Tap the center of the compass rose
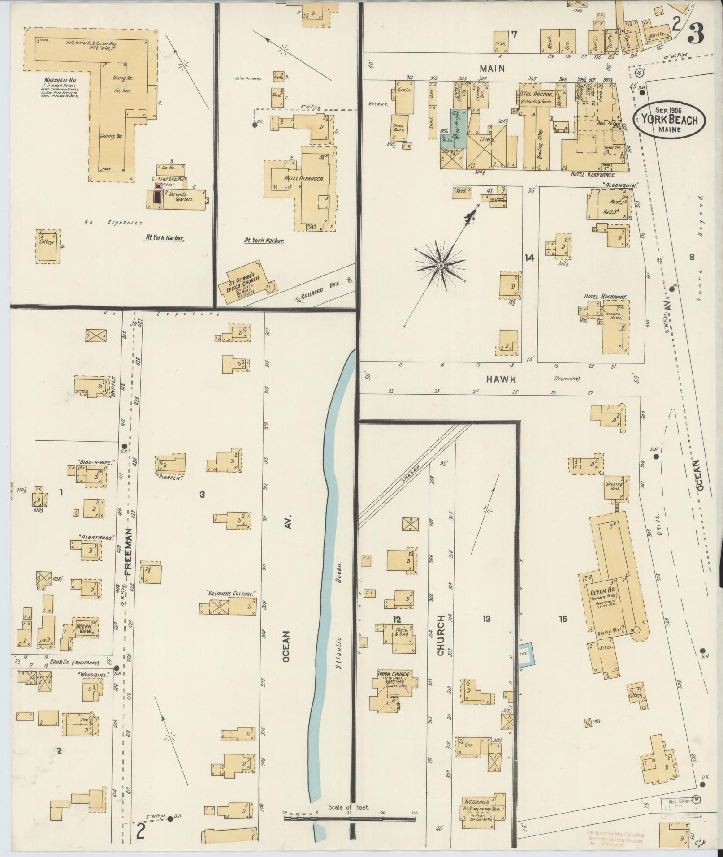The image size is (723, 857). coord(441,266)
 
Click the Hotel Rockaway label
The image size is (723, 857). coord(605,296)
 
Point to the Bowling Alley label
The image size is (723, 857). coord(541,146)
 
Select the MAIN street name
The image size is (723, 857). coord(492,69)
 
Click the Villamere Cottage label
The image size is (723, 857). coord(231,593)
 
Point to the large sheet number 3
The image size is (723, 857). coord(695,32)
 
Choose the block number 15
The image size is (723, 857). coord(563,620)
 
